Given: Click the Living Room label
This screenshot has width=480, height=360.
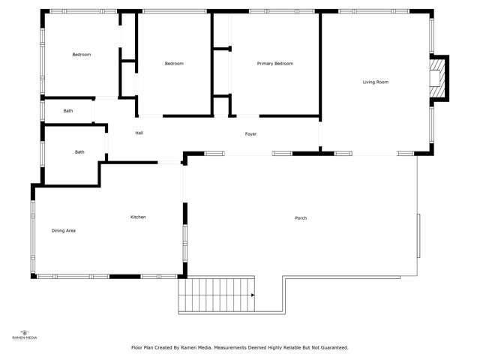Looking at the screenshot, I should pos(375,82).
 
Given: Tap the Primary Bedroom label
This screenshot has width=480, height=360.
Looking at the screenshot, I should pos(274,64).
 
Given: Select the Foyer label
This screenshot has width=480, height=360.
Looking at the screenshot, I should pos(250,134).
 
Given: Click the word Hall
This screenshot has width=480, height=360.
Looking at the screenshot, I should pos(139,133).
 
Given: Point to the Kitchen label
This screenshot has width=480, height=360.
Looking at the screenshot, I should pos(138,217).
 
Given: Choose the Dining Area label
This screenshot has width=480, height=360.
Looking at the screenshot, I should pos(63,230).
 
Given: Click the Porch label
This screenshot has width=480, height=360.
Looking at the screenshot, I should pos(301,218).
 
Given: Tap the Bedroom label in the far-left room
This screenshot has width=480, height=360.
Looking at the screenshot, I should pos(81,55).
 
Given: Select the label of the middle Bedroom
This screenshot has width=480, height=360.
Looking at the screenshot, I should pos(174,64).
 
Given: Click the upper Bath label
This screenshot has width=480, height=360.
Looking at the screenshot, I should pos(68,111).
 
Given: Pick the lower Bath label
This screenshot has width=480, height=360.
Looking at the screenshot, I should pos(79,152).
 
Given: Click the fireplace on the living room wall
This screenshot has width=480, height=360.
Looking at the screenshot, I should pos(438,77).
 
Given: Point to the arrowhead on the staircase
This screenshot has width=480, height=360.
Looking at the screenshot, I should pos(253,295).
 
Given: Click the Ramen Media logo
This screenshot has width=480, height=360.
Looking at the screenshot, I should pos(24,334).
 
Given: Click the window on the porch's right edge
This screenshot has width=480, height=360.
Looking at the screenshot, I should pos(418,235).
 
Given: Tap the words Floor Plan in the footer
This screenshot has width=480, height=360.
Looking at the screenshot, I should pos(144,347).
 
